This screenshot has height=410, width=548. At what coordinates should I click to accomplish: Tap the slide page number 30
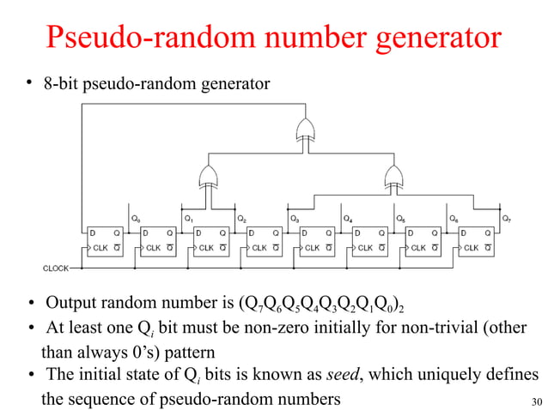pos(537,401)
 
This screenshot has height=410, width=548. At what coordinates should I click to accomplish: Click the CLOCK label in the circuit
pos(56,268)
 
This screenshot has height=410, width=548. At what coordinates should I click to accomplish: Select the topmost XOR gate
pos(304,131)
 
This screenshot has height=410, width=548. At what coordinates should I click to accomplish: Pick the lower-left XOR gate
pos(207,176)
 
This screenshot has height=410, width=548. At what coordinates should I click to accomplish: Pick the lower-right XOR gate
pos(393,176)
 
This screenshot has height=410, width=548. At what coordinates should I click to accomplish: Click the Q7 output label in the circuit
pos(506,219)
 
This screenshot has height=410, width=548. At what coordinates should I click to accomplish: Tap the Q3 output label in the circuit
pos(295,219)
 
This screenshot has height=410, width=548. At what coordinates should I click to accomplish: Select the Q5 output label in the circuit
pos(400,219)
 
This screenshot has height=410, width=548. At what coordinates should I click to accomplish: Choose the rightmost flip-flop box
pos(475,240)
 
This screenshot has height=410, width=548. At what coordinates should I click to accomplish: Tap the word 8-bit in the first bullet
pos(59,84)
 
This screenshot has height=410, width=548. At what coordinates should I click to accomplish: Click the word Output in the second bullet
pos(71,304)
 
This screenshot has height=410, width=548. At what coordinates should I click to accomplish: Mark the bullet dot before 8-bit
pos(29,83)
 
